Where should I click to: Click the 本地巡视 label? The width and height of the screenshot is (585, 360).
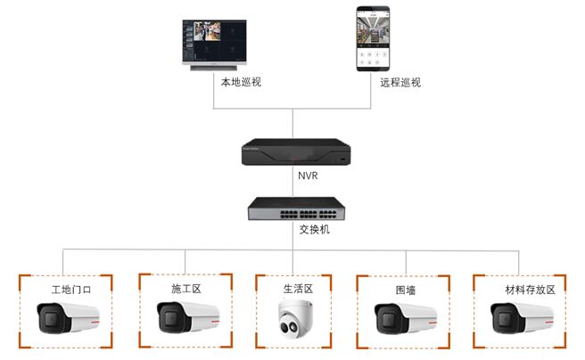[x=241, y=82]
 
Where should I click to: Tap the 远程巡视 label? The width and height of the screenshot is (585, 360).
[x=400, y=82]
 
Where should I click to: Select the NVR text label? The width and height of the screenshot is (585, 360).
[x=308, y=176]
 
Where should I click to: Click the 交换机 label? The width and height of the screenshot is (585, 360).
[x=315, y=229]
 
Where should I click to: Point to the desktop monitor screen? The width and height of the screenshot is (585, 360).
[x=215, y=41]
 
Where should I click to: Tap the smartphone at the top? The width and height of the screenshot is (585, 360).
[x=373, y=38]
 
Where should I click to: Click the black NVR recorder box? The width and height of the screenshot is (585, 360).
[x=296, y=151]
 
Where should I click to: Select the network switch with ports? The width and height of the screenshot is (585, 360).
[x=297, y=209]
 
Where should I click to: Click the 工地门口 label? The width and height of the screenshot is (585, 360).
[x=71, y=290]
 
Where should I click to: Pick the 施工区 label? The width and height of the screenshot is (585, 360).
[x=186, y=289]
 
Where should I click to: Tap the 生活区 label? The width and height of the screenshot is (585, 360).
[x=298, y=289]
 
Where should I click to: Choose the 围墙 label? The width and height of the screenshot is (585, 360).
[x=406, y=290]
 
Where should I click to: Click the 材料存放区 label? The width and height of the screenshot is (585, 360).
[x=530, y=290]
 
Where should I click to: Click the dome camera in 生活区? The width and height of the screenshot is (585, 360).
[x=295, y=319]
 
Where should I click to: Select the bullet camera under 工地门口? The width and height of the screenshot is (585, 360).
[x=69, y=318]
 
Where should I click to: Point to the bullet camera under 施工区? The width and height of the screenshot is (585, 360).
[x=188, y=317]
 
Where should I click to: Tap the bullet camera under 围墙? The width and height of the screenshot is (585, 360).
[x=406, y=319]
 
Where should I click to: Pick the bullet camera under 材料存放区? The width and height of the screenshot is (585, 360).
[x=522, y=318]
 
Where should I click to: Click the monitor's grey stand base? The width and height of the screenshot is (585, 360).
[x=213, y=68]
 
